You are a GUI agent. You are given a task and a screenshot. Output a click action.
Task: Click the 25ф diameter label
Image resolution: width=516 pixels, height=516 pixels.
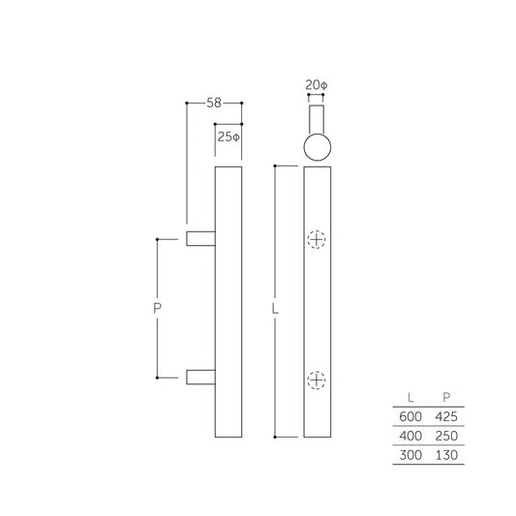tap(228, 137)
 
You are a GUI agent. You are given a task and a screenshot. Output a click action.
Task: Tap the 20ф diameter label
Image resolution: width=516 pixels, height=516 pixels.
tap(316, 85)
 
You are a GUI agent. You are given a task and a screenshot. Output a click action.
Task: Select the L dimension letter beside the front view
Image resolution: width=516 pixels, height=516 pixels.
tap(275, 311)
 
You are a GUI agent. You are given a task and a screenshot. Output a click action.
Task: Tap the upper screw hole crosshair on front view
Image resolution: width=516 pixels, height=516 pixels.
tap(317, 240)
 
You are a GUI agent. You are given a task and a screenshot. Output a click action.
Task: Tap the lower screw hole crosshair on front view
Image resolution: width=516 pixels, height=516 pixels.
tap(317, 381)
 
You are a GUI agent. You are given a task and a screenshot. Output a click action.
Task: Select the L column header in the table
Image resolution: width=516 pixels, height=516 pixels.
tap(412, 397)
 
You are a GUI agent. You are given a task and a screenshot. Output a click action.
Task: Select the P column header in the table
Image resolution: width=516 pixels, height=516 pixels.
tap(445, 397)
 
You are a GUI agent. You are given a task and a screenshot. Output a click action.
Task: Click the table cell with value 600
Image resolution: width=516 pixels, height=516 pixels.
tap(411, 416)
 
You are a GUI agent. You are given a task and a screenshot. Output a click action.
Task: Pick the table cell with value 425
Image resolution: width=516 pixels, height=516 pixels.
tap(445, 416)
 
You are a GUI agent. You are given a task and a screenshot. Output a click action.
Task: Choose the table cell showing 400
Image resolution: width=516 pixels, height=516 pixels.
tap(411, 435)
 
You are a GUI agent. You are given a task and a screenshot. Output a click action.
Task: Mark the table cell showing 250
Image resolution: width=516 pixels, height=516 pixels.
tap(445, 435)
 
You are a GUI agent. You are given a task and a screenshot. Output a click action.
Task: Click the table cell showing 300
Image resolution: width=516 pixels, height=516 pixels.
tap(411, 454)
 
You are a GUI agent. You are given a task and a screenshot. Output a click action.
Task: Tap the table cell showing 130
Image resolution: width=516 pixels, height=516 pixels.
tap(445, 454)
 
